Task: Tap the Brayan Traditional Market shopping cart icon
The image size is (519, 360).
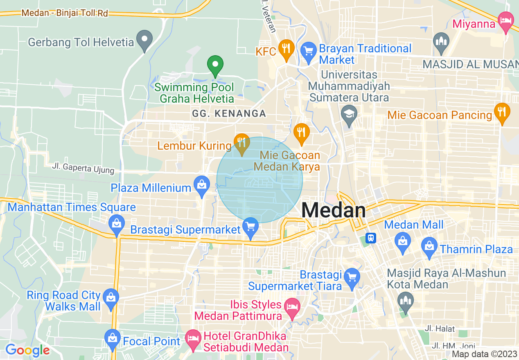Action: (x=308, y=52)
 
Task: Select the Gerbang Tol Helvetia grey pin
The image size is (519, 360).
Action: (x=144, y=40)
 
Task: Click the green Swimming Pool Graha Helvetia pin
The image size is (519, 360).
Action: (x=215, y=65)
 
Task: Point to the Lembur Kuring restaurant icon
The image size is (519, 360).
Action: (x=242, y=143)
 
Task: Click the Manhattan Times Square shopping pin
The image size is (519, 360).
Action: (x=117, y=223)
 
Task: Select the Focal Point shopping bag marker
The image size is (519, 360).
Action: (x=112, y=338)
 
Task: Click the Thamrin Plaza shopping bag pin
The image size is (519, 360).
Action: (x=429, y=246)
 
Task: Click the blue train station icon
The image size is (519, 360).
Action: (x=371, y=238)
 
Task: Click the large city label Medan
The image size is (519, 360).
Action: (x=334, y=210)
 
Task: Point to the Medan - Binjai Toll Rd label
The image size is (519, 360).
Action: (x=65, y=13)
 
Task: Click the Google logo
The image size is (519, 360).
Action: (x=27, y=350)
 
